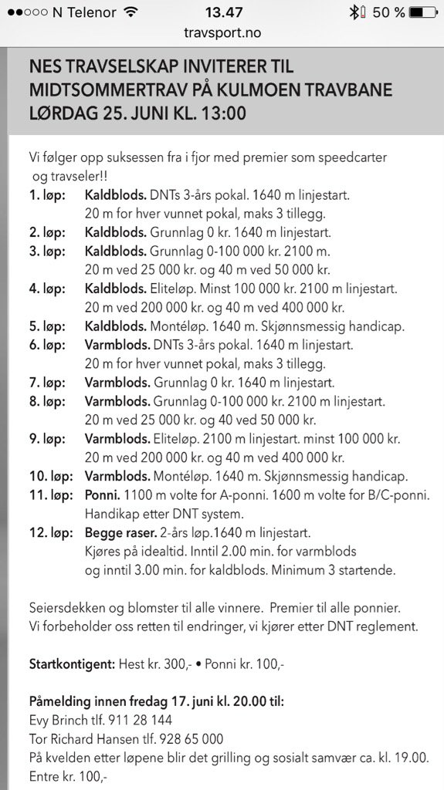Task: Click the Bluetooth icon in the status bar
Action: click(355, 12)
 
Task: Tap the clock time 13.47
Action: click(222, 12)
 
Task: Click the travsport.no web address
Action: click(222, 33)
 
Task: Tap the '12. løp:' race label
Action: click(51, 532)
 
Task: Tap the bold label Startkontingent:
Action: click(73, 663)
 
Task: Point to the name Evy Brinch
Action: click(56, 720)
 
